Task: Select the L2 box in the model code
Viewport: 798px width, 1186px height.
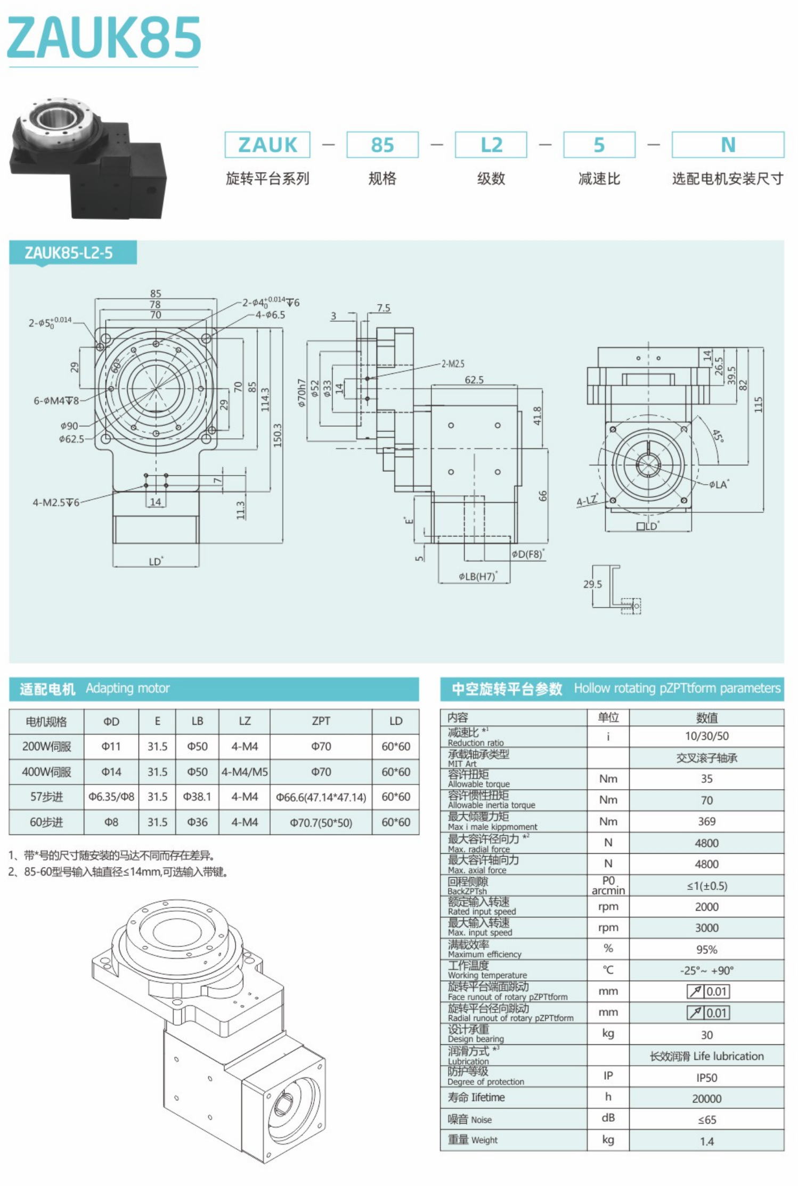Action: point(491,145)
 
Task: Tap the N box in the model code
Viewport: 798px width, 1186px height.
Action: point(728,145)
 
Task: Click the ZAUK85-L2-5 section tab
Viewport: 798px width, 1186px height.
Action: point(69,252)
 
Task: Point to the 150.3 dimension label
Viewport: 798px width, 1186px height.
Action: point(277,435)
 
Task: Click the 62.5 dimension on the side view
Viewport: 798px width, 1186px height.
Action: point(474,380)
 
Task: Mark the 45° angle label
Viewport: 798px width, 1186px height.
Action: point(718,436)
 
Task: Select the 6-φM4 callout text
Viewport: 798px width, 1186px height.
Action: point(56,400)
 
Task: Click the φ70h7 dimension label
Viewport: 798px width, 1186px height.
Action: point(302,393)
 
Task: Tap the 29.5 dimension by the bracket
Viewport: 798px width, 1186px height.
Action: point(592,584)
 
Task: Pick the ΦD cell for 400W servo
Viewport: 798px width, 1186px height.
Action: point(111,772)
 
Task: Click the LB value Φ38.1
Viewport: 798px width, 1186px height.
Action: point(197,797)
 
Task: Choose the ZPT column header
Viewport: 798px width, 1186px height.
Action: point(321,721)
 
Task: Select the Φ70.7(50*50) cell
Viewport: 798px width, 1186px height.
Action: point(321,822)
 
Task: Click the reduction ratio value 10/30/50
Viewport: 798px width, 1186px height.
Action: point(706,736)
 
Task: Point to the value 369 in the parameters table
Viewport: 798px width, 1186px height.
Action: point(706,821)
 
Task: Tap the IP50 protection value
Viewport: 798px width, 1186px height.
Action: point(706,1077)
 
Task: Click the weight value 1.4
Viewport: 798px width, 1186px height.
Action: point(706,1141)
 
